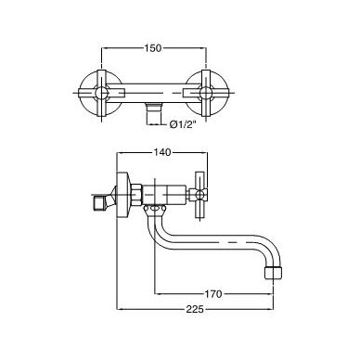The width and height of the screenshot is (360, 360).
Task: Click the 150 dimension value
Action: [153, 48]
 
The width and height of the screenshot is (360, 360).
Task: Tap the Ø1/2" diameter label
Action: [183, 125]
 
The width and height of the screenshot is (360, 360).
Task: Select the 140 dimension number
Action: [162, 152]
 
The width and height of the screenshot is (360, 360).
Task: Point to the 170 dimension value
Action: [213, 294]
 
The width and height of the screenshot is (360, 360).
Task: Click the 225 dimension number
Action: [196, 309]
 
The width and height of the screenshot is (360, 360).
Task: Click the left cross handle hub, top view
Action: [102, 93]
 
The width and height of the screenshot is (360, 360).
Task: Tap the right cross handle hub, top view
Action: [206, 93]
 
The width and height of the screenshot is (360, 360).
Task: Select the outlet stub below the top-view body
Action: [154, 113]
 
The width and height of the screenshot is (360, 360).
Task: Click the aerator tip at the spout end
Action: [274, 273]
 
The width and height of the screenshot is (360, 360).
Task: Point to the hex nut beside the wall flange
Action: [136, 195]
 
